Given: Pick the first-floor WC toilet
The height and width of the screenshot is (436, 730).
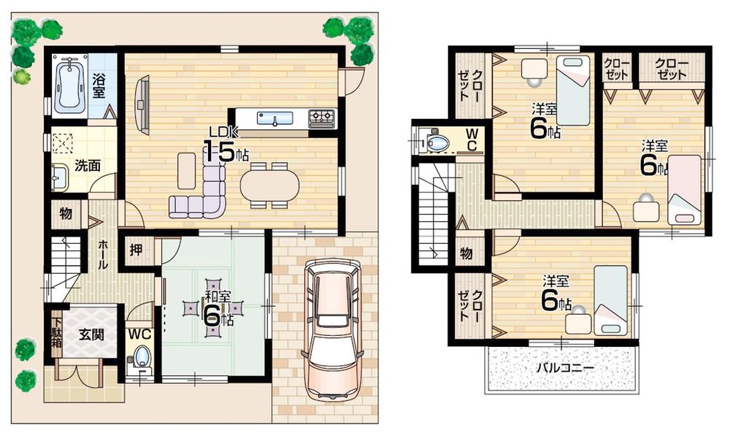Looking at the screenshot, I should pos(142,358).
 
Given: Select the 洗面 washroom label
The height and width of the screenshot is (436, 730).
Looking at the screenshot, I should pos(87,165).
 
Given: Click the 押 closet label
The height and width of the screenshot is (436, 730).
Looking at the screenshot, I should pos(136,249).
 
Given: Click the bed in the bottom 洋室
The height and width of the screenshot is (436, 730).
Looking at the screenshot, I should pos(610,299).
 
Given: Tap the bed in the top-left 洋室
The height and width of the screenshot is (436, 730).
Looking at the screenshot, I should pos(573,91).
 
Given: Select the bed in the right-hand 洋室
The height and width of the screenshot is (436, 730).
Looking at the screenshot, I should pos(685,190).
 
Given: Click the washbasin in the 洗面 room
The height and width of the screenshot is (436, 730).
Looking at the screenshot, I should pos(58,175).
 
